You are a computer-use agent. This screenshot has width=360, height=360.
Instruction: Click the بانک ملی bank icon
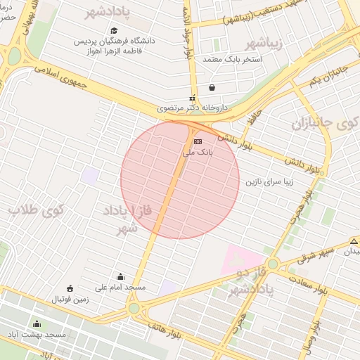point(198,141)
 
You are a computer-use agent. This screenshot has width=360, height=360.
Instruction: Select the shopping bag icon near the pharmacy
point(212,89)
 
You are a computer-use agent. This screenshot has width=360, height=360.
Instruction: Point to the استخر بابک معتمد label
point(232,58)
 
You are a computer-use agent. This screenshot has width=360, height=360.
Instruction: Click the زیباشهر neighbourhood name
point(265,41)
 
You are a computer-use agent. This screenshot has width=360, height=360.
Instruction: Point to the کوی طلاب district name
point(37,209)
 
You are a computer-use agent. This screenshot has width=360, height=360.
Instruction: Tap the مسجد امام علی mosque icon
point(120,276)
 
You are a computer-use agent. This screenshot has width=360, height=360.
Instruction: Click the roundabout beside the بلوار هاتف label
point(134,307)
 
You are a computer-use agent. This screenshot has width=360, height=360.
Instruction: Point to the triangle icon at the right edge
point(354,240)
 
